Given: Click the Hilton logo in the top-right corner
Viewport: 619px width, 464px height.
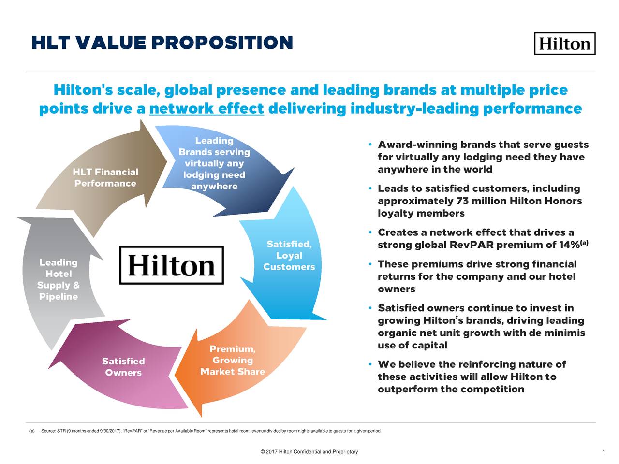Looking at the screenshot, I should pyautogui.click(x=564, y=43).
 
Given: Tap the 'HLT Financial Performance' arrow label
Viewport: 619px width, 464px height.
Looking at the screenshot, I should pyautogui.click(x=105, y=178).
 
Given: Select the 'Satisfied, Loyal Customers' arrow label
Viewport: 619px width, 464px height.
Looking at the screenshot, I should pyautogui.click(x=289, y=256).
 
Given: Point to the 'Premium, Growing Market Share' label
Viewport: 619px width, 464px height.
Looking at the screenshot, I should pyautogui.click(x=233, y=361).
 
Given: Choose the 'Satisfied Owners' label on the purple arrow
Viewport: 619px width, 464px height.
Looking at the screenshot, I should pyautogui.click(x=123, y=367).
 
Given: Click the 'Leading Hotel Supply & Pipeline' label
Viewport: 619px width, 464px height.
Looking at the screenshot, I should pyautogui.click(x=59, y=279).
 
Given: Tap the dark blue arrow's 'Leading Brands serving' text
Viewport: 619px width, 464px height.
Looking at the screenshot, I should pyautogui.click(x=214, y=146).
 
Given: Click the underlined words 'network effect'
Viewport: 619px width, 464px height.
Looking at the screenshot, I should pyautogui.click(x=206, y=109).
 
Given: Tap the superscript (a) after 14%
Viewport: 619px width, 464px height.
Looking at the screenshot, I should pyautogui.click(x=584, y=242).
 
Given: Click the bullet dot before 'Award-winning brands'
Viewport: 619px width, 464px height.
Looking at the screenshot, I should pyautogui.click(x=369, y=145).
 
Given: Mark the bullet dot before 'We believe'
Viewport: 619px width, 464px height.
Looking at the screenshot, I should pyautogui.click(x=369, y=364).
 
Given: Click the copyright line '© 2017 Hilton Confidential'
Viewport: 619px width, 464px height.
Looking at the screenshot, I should pyautogui.click(x=309, y=452).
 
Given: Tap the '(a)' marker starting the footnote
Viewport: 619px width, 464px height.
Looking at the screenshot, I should pyautogui.click(x=32, y=431).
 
